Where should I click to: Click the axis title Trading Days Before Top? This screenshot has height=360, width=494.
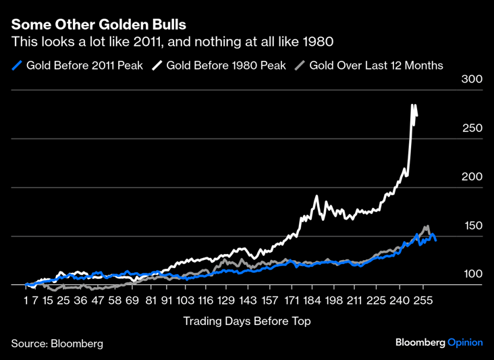[x=247, y=322]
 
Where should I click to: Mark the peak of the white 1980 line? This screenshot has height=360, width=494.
[x=412, y=105]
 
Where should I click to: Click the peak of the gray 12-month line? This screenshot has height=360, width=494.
[x=427, y=226]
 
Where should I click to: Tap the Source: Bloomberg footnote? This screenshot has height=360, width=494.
[x=57, y=344]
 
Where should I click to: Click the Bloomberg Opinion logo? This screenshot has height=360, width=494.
[x=439, y=343]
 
